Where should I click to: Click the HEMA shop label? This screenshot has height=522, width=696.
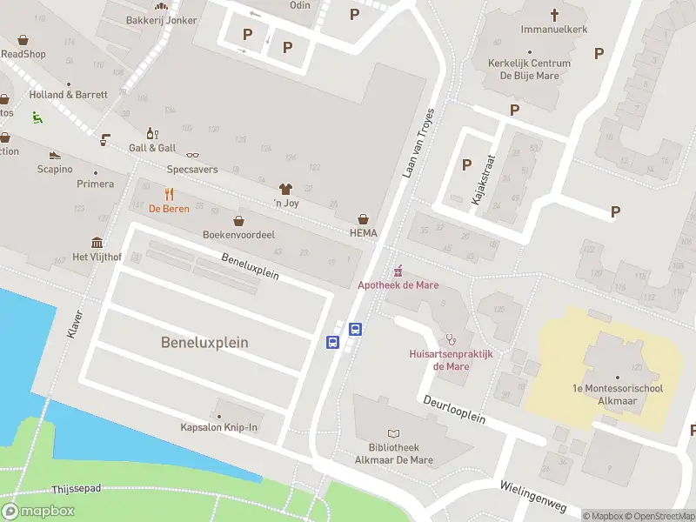[363, 233]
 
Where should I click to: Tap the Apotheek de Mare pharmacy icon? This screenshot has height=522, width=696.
[399, 270]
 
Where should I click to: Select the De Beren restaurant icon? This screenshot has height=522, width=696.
[169, 194]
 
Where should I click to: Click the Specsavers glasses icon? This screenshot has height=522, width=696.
[192, 155]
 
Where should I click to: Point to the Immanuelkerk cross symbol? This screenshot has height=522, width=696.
[554, 14]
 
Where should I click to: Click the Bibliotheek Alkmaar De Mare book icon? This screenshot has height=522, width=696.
[393, 433]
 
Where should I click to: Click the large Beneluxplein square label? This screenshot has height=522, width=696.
[204, 343]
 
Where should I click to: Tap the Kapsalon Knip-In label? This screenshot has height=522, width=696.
[218, 427]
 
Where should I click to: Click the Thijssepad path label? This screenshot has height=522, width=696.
[77, 490]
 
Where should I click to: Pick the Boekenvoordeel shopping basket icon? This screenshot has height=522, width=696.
[238, 220]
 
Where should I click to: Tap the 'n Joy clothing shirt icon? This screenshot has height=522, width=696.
[284, 189]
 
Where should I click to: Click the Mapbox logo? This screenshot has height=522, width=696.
[38, 511]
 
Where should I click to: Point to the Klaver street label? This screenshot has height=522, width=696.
[74, 323]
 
